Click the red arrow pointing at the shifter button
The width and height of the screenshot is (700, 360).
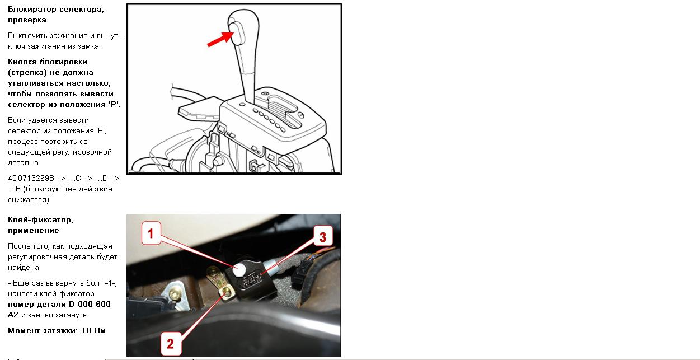pyautogui.click(x=220, y=39)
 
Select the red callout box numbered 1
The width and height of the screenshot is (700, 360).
pyautogui.click(x=151, y=233)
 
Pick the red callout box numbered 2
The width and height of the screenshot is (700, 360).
pyautogui.click(x=171, y=344)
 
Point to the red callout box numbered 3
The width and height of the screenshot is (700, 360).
pyautogui.click(x=323, y=237)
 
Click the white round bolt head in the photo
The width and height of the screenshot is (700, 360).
pyautogui.click(x=239, y=269)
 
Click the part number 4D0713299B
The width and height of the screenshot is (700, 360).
pyautogui.click(x=31, y=178)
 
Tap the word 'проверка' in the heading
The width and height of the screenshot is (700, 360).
pyautogui.click(x=27, y=20)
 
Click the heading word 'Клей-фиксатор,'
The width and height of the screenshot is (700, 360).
pyautogui.click(x=40, y=220)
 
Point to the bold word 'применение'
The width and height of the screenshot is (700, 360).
pyautogui.click(x=34, y=231)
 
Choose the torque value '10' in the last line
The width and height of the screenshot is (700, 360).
pyautogui.click(x=86, y=330)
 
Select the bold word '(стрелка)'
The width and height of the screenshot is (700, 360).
pyautogui.click(x=27, y=73)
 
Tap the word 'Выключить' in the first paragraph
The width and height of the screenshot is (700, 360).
pyautogui.click(x=28, y=36)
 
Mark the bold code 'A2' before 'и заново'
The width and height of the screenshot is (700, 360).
pyautogui.click(x=13, y=315)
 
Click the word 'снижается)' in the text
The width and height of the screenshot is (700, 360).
pyautogui.click(x=29, y=200)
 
